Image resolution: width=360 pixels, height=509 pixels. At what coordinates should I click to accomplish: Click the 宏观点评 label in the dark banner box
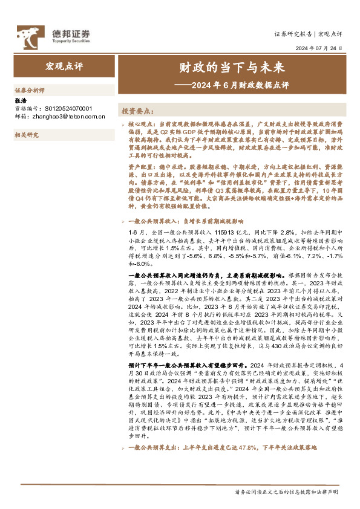coord(63,65)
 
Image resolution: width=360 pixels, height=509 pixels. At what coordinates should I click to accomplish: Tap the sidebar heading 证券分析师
coord(29,89)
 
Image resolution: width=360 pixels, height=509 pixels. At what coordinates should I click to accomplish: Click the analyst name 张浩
coord(20,102)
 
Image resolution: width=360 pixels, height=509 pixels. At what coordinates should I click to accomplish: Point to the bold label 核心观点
coord(142,122)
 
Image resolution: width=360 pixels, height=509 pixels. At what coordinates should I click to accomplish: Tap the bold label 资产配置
coord(142,165)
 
